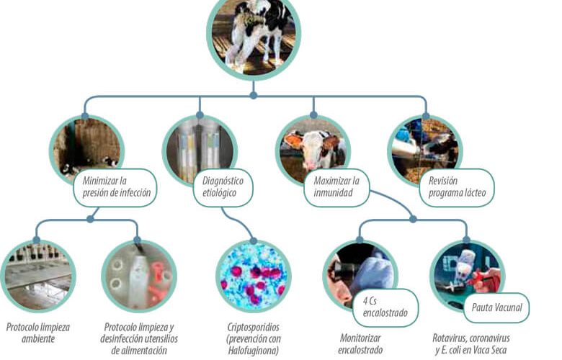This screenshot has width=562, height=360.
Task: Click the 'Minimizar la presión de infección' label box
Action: click(115, 187)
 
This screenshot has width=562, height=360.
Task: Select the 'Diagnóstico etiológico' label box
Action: click(223, 187)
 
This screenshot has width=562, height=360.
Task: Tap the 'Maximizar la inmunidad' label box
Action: click(336, 187)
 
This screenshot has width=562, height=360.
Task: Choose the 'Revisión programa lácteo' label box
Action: click(457, 187)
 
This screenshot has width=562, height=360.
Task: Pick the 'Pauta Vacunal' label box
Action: click(496, 307)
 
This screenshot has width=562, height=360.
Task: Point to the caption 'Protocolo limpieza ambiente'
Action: click(38, 333)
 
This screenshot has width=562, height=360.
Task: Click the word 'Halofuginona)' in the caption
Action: click(254, 350)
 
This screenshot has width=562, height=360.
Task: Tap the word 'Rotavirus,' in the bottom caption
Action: click(449, 338)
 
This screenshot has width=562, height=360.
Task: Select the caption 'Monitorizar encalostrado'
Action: click(360, 343)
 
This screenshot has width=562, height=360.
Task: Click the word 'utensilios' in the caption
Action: click(159, 338)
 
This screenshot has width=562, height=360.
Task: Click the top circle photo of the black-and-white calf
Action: click(254, 35)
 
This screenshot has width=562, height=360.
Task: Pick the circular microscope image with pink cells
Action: click(254, 276)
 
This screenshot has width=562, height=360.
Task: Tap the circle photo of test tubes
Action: click(200, 150)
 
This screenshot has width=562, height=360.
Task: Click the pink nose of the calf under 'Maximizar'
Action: click(310, 164)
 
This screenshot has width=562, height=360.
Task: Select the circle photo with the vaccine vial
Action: click(467, 276)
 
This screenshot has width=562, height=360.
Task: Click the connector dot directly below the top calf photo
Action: click(254, 95)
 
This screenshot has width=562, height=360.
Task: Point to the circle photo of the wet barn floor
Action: click(38, 276)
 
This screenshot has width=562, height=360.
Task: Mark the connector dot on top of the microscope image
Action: click(254, 240)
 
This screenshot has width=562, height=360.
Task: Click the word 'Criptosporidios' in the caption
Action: click(254, 327)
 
